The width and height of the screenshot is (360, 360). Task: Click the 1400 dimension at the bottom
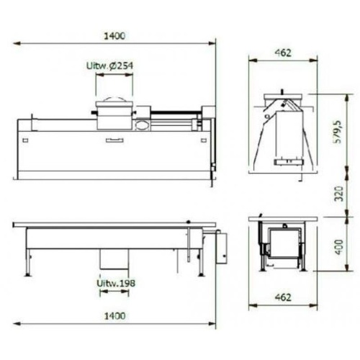(x=114, y=315)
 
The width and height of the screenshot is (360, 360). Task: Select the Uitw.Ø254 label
(x=109, y=66)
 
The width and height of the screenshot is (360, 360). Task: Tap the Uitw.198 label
(x=115, y=282)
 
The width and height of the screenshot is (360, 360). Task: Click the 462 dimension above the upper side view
(x=283, y=53)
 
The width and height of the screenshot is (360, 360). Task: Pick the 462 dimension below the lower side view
(x=283, y=297)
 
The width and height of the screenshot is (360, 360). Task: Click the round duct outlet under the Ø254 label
(x=114, y=114)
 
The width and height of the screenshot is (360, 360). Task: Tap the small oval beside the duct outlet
(x=142, y=125)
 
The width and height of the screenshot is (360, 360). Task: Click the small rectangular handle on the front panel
(x=114, y=140)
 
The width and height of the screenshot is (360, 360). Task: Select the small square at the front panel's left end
(x=25, y=140)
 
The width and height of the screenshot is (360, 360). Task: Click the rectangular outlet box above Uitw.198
(x=114, y=261)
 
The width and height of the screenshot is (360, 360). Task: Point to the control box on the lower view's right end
(x=222, y=247)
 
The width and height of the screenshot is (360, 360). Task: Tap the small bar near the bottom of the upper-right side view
(x=283, y=162)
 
